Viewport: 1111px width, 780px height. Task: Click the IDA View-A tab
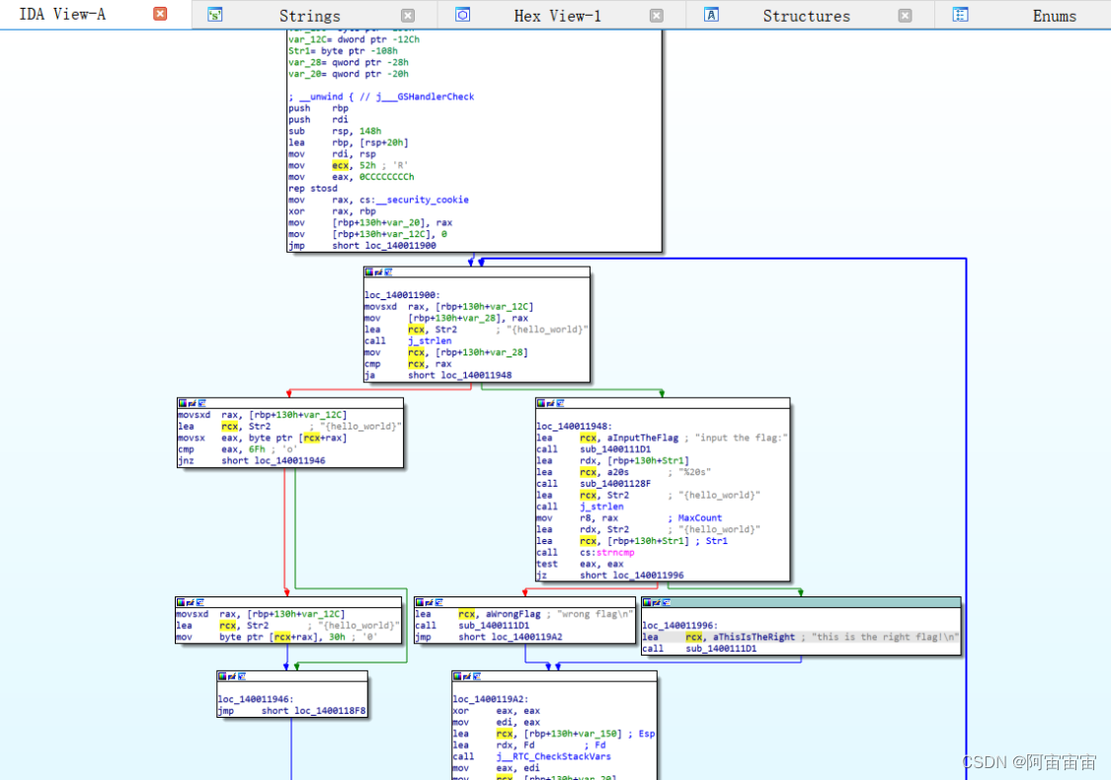(62, 15)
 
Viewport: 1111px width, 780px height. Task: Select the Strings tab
(309, 16)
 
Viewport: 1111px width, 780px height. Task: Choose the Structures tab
(806, 16)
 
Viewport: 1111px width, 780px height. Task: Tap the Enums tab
(1054, 16)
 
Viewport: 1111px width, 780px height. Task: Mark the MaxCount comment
(700, 517)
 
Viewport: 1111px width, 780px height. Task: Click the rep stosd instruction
(313, 188)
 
